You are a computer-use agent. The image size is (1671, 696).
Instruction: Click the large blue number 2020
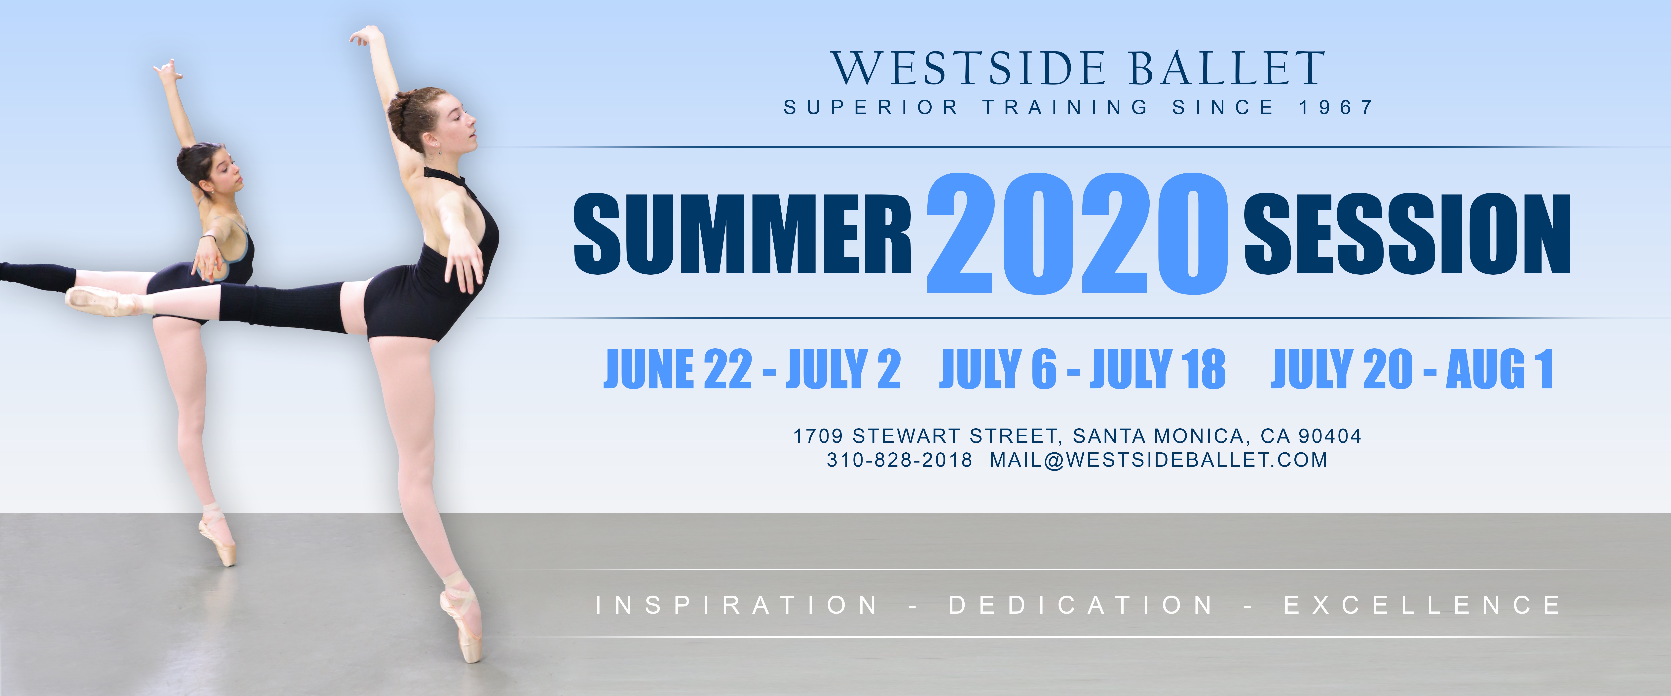(1077, 233)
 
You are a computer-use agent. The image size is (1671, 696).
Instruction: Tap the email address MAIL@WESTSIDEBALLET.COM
(1159, 460)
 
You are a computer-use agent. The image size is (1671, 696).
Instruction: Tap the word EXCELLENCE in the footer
(1423, 605)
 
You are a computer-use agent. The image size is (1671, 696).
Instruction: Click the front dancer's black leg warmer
(282, 307)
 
